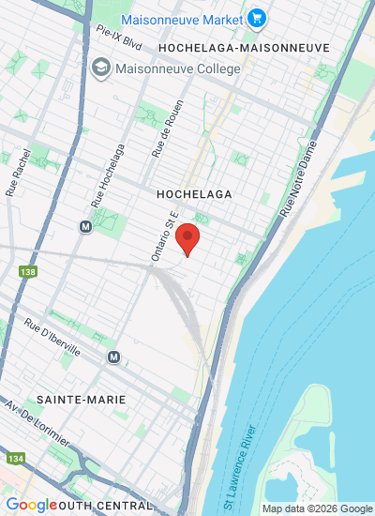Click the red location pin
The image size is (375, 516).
pos(188,239)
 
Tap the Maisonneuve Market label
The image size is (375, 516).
pos(182,18)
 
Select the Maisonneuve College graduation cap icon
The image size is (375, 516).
pos(100,68)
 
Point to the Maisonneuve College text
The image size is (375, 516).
pos(177,68)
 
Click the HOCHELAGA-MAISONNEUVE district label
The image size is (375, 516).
pos(244,47)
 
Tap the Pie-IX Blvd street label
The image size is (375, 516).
pos(118,36)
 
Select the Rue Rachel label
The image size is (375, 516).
pos(19,173)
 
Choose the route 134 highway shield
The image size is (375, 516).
pos(17,459)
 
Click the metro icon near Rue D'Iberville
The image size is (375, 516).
pos(114,357)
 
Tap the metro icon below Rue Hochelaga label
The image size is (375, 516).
pos(86,226)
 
